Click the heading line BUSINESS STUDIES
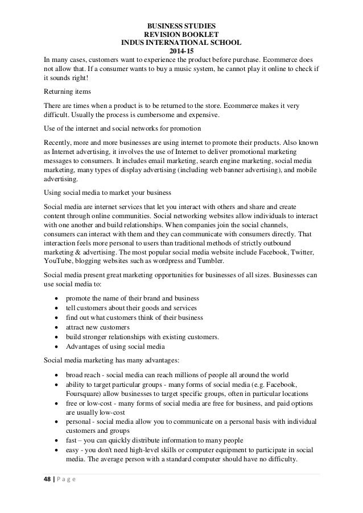pos(181,26)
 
